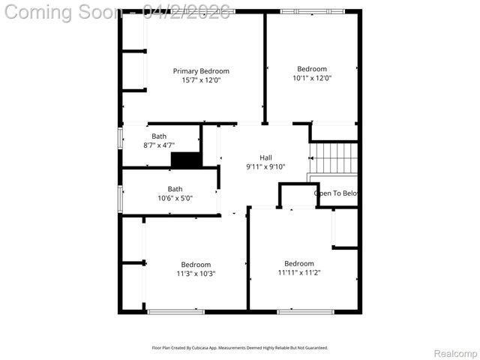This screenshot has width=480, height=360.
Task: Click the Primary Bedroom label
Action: pos(201,71)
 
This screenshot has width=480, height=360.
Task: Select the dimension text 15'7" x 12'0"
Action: pos(201,80)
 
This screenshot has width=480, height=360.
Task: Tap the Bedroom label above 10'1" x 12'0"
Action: pos(311,69)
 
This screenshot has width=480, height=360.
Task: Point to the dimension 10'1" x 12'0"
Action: pos(311,78)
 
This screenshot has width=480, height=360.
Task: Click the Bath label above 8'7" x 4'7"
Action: pos(159,136)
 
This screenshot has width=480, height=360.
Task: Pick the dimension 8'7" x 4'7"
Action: pos(159,145)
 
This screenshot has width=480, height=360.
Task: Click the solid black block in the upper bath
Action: pos(186,160)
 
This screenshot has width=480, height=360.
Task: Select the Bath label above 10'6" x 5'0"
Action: pos(175,189)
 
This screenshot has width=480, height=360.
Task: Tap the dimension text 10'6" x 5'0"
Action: pos(175,199)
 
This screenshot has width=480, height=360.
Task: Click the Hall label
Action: pos(265,157)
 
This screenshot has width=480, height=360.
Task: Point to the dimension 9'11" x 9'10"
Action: pos(265,166)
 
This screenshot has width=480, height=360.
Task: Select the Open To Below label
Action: pos(335,193)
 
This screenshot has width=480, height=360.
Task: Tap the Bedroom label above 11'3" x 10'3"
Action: pos(196,265)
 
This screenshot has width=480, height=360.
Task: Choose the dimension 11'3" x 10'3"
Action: pos(196,274)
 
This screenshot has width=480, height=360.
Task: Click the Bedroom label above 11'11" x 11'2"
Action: pos(299,263)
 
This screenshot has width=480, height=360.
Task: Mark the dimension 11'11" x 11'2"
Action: pos(299,272)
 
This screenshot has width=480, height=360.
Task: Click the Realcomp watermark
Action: pos(455,353)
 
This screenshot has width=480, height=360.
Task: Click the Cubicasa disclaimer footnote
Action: pos(240,348)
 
